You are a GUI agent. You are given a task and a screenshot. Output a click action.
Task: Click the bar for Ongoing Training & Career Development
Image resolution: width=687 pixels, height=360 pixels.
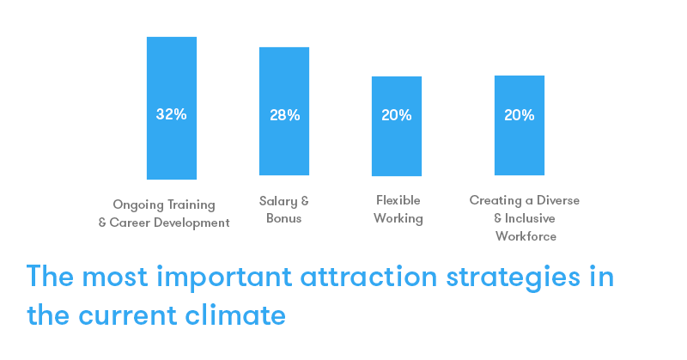[x=171, y=108]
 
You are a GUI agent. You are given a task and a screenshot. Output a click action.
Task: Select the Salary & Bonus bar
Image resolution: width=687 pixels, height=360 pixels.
[x=284, y=112]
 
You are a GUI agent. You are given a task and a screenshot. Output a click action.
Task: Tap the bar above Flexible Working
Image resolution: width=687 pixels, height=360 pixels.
[x=397, y=126]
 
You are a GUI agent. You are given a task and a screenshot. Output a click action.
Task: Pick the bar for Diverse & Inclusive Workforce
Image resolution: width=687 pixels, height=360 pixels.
[x=520, y=125]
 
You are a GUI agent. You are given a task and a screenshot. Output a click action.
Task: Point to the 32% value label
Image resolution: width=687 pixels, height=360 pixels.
[x=171, y=114]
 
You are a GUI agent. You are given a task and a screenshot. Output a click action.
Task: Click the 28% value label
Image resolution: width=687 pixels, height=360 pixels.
[x=285, y=115]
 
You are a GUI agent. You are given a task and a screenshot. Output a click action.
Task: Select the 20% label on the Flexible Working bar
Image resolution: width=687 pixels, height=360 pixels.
[x=397, y=115]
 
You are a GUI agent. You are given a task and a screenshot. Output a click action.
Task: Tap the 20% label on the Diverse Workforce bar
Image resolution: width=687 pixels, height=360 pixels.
[x=520, y=115]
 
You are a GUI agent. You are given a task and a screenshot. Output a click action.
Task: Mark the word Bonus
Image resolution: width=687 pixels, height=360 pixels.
[x=284, y=218]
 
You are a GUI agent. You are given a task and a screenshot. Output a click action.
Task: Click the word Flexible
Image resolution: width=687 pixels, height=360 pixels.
[x=398, y=200]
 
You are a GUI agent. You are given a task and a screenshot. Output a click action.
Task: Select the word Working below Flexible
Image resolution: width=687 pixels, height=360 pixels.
[x=398, y=219]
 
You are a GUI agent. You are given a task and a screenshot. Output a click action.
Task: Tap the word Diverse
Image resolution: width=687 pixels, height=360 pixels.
[x=558, y=200]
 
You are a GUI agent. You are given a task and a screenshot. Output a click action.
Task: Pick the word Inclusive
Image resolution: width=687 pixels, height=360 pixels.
[x=530, y=218]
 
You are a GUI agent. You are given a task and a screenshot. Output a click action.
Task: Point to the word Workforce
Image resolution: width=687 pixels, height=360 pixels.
[x=526, y=236]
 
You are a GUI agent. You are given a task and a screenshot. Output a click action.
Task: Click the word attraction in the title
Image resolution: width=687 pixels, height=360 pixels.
[x=368, y=277]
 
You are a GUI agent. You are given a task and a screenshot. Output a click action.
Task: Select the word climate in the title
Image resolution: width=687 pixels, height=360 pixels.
[x=235, y=315]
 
